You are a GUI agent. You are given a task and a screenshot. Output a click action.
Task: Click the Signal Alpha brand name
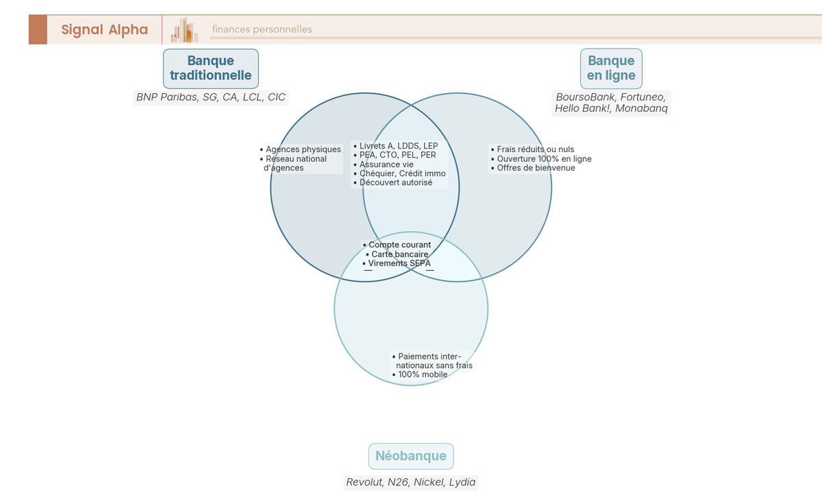pyautogui.click(x=104, y=29)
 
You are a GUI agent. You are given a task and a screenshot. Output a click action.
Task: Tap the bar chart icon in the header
pyautogui.click(x=184, y=30)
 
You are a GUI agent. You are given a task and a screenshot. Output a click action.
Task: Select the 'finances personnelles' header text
pyautogui.click(x=262, y=29)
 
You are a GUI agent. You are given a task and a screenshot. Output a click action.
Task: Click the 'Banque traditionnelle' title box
pyautogui.click(x=210, y=69)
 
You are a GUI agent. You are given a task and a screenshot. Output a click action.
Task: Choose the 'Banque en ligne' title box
pyautogui.click(x=611, y=69)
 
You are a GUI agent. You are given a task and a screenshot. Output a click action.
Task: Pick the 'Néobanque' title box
pyautogui.click(x=411, y=456)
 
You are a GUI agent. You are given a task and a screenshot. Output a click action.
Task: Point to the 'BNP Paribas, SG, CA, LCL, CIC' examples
pyautogui.click(x=211, y=97)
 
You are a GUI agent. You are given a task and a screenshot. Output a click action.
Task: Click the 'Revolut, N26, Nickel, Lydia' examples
pyautogui.click(x=411, y=482)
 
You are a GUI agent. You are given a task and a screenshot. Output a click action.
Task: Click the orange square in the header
pyautogui.click(x=38, y=29)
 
